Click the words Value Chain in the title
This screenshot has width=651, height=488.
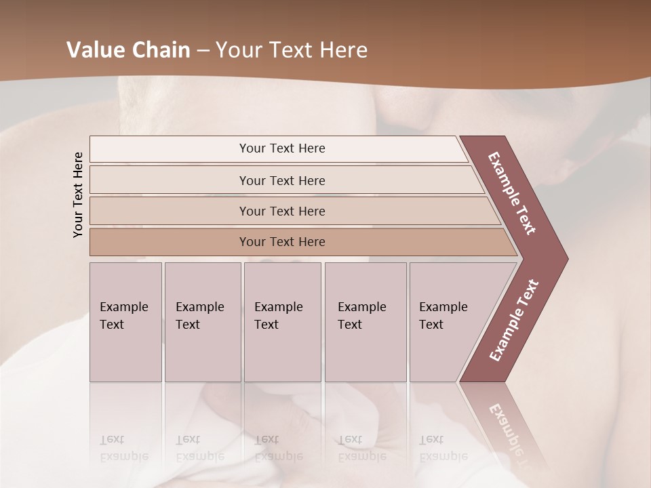click(x=128, y=50)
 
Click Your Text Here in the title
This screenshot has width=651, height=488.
click(x=292, y=50)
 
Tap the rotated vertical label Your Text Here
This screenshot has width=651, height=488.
click(x=79, y=195)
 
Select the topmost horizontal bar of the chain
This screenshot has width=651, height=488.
click(x=281, y=148)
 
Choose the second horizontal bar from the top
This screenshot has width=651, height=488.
click(x=281, y=180)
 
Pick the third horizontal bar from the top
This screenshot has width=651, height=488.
click(x=281, y=211)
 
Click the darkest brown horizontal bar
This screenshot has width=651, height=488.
click(x=281, y=242)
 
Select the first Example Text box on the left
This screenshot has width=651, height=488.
click(x=125, y=322)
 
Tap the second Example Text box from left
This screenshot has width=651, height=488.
click(x=202, y=322)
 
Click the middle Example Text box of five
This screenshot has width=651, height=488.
click(x=282, y=322)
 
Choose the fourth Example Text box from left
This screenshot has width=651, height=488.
click(x=365, y=322)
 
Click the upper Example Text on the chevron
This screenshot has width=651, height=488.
click(x=513, y=193)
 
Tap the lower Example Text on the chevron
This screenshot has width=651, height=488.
click(x=514, y=321)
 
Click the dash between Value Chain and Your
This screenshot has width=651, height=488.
click(x=203, y=51)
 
